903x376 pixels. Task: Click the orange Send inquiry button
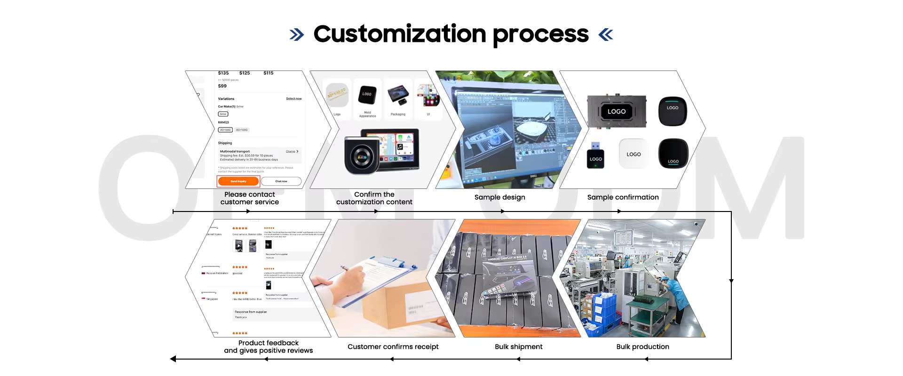[x=238, y=181]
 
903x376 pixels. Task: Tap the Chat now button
[x=281, y=181]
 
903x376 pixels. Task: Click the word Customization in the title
[x=400, y=34]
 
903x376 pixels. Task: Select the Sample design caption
[x=499, y=197]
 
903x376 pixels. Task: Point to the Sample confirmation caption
[x=623, y=197]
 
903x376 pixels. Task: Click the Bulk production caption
[x=642, y=347]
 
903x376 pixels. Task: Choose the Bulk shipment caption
[x=518, y=347]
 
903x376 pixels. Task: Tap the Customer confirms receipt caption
[x=393, y=347]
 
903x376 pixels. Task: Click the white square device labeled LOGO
[x=634, y=154]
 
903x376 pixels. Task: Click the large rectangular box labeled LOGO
[x=617, y=111]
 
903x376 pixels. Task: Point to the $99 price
[x=222, y=86]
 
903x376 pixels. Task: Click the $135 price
[x=223, y=73]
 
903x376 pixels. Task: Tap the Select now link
[x=294, y=99]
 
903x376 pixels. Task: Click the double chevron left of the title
[x=296, y=34]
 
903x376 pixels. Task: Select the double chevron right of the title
[x=606, y=34]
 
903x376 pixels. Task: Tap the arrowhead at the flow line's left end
[x=173, y=359]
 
